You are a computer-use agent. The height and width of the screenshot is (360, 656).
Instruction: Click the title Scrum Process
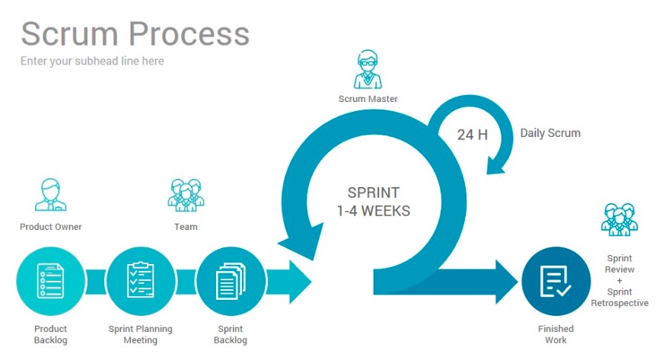pos(135,33)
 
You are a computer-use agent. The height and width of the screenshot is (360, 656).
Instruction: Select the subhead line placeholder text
pos(91,61)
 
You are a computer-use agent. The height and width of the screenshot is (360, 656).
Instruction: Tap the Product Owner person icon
pos(50,195)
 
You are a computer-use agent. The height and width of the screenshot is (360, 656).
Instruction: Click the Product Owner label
pos(50,227)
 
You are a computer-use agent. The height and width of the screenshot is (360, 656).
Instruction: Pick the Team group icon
pos(185,195)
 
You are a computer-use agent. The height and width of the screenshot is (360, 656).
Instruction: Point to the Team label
pos(185,227)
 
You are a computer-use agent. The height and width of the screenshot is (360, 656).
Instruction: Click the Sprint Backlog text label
pos(230,334)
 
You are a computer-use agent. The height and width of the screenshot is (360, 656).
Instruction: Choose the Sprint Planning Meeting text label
pos(140,334)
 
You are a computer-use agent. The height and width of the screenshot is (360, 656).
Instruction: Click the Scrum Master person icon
pos(368,70)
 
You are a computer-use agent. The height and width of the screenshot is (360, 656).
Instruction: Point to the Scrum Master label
pos(368,99)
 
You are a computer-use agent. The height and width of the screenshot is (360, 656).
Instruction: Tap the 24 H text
pos(472,135)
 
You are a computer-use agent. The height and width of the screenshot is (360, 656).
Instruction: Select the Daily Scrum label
pos(550,133)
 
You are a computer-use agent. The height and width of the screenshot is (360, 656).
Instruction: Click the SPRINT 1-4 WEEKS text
pos(373,202)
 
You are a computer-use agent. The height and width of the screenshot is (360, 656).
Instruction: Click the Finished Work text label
pos(556,334)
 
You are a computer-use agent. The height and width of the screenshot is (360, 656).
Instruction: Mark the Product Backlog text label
pos(50,334)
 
